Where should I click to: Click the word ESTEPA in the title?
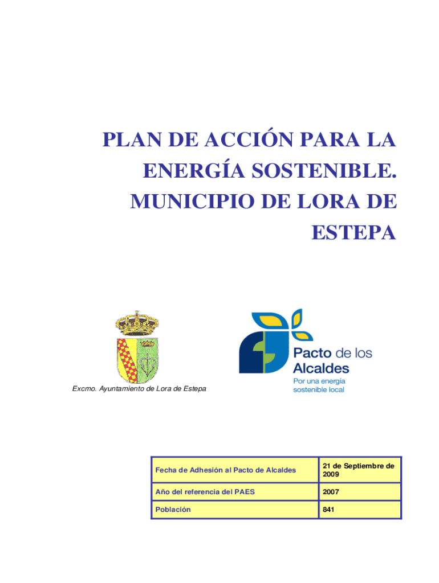pyautogui.click(x=353, y=232)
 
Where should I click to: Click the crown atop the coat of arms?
pyautogui.click(x=137, y=323)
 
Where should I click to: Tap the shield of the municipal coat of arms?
pyautogui.click(x=137, y=358)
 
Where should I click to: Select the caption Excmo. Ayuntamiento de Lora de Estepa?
pyautogui.click(x=139, y=389)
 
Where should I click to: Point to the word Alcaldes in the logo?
pyautogui.click(x=321, y=368)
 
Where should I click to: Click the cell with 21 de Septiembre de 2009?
pyautogui.click(x=359, y=470)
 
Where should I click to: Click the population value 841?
pyautogui.click(x=328, y=510)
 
